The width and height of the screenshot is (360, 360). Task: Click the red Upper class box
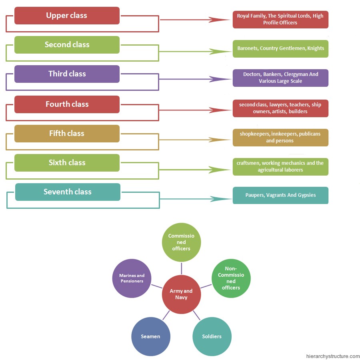pos(67,16)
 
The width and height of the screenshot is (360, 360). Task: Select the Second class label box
pos(67,45)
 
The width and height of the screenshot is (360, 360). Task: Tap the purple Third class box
pos(67,74)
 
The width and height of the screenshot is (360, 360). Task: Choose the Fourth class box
pos(67,104)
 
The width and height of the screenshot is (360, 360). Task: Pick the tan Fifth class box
pos(67,134)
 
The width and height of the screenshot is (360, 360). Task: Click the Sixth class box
pos(67,163)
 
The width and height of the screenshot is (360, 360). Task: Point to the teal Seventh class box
pos(68,192)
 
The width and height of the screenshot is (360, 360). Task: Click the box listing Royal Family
pos(280,20)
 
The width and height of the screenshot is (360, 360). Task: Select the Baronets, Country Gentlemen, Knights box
pos(280,49)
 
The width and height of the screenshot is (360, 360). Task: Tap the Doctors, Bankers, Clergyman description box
pos(280,78)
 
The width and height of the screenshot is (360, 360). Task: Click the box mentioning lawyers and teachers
pos(280,108)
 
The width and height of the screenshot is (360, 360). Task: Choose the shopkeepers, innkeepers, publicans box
pos(280,138)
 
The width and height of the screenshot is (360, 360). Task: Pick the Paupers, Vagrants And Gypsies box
pos(280,196)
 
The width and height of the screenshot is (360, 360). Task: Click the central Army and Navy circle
pos(181,294)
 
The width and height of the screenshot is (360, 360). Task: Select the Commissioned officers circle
pos(181,242)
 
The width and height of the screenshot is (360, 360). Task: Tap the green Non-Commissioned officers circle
pos(231,278)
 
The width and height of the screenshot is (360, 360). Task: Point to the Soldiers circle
pos(212,336)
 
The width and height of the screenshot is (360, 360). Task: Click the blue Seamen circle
pos(150,336)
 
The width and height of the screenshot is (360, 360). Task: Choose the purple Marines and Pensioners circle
pos(132,278)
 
